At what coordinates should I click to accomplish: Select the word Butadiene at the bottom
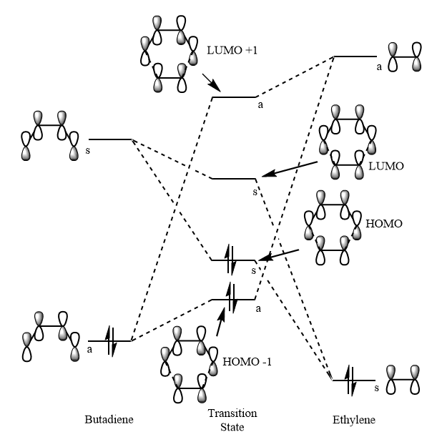point(109,420)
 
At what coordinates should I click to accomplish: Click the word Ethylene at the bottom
point(354,420)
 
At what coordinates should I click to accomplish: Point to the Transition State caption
point(232,421)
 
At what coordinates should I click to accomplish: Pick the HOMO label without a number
point(384,224)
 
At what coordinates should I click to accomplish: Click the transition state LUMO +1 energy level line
point(234,97)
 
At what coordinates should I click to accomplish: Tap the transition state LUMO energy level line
point(233,179)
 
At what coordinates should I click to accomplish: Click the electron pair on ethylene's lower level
point(350,380)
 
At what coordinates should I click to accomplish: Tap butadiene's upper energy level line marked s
point(109,139)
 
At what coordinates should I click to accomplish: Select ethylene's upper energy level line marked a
point(355,56)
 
